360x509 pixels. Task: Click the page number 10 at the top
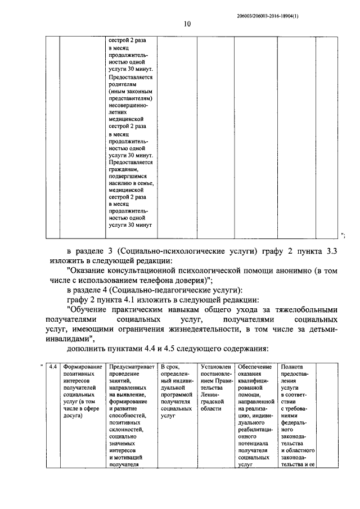click(187, 24)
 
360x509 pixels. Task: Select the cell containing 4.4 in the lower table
click(52, 367)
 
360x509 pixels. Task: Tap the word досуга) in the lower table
click(74, 417)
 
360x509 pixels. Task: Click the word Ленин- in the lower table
click(211, 402)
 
